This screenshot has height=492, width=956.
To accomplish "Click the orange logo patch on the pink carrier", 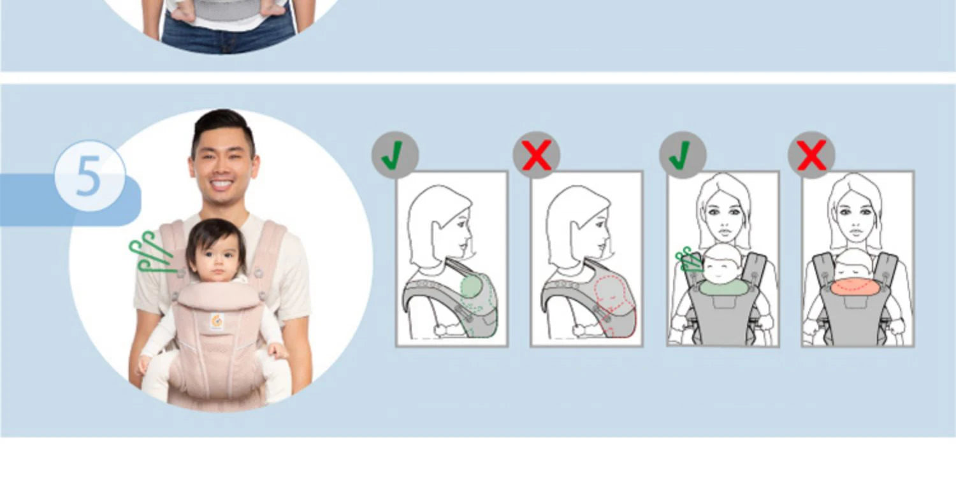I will [217, 321].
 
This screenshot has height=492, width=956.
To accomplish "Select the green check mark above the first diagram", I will [395, 155].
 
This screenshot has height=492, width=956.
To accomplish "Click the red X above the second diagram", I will [537, 155].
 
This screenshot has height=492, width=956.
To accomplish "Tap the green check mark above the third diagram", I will [682, 155].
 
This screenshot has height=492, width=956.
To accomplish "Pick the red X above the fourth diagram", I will [811, 155].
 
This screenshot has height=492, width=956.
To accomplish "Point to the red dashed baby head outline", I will [609, 292].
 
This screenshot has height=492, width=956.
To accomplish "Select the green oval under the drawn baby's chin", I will [723, 287].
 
